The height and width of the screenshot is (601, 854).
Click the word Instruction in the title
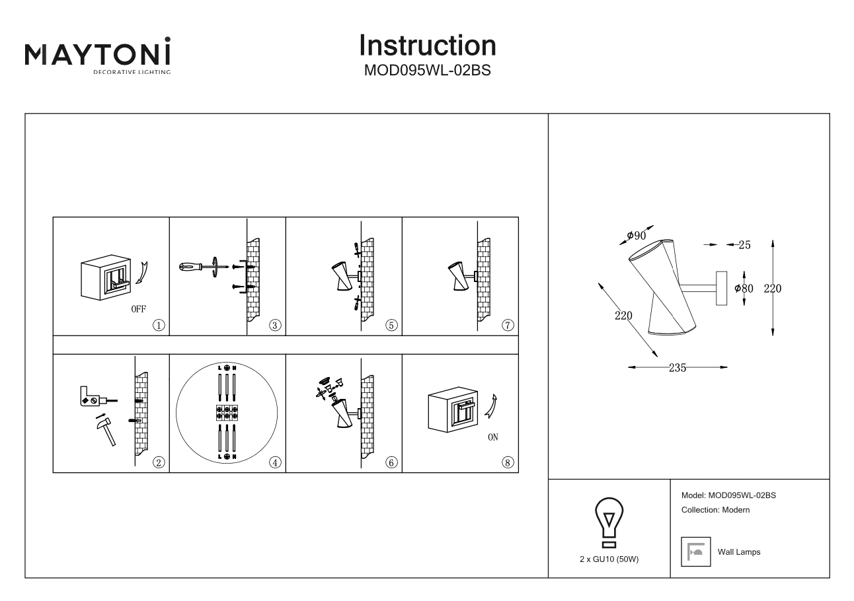tap(428, 45)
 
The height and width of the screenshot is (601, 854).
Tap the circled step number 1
tap(159, 325)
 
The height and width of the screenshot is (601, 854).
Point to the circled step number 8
tap(508, 462)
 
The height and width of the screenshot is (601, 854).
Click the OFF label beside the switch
tap(138, 309)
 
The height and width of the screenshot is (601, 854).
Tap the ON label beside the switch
tap(492, 437)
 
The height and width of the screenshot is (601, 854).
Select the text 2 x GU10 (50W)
tap(609, 559)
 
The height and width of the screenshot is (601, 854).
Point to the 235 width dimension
tap(677, 368)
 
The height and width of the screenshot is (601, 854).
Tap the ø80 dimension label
tap(744, 289)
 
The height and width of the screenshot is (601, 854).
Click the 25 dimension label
tap(744, 245)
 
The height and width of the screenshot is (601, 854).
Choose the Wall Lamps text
tap(739, 552)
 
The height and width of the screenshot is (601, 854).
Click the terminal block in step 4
tap(227, 413)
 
